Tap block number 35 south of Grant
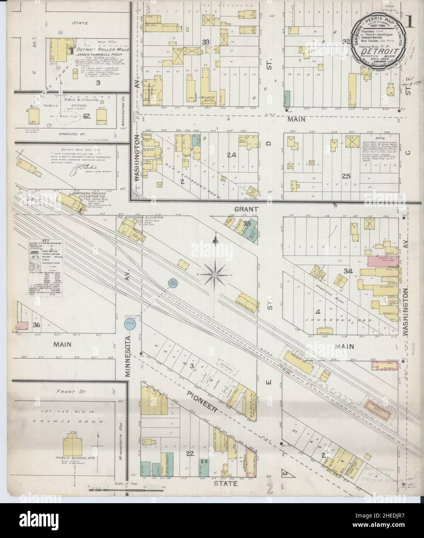247,224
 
